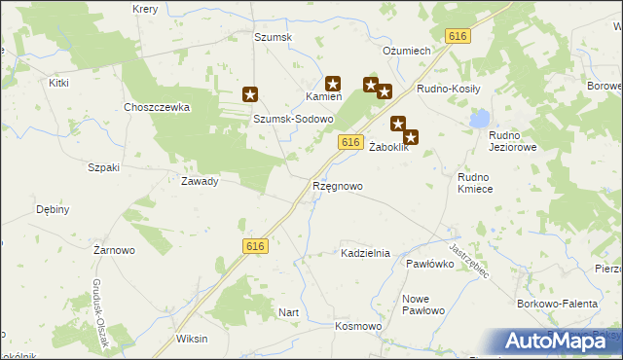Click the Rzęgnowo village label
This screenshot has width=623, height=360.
[x=338, y=185]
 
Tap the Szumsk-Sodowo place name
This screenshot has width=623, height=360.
[x=294, y=119]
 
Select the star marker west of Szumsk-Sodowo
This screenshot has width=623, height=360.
[x=250, y=94]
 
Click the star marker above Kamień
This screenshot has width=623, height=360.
[x=332, y=84]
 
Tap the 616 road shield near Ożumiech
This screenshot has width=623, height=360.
[x=458, y=36]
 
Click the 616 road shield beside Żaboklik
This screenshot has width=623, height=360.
[x=352, y=142]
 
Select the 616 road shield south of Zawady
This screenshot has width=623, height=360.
[x=255, y=247]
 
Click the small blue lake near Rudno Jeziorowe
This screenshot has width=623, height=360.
[x=479, y=119]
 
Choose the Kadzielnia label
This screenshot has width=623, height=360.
[x=365, y=253]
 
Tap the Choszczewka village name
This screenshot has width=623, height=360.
[x=156, y=107]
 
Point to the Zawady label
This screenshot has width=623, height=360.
[x=200, y=181]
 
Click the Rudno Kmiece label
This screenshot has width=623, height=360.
[x=475, y=183]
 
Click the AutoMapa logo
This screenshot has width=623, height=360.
[x=561, y=341]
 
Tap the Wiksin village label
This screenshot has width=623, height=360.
[x=192, y=340]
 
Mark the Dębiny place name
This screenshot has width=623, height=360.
[x=53, y=209]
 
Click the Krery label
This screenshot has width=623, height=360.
[x=145, y=8]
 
